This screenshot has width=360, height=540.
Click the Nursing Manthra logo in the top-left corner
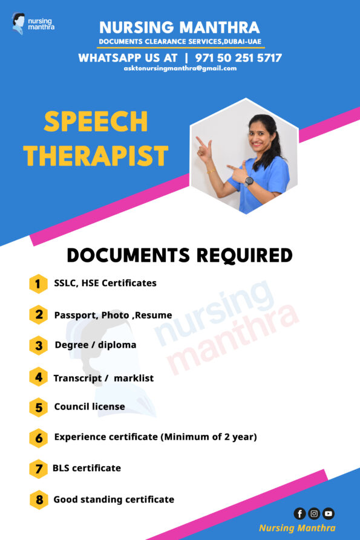click(x=33, y=24)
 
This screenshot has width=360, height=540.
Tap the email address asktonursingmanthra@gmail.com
click(x=180, y=68)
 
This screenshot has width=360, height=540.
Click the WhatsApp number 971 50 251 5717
click(x=238, y=58)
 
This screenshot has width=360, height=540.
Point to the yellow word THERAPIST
click(x=96, y=155)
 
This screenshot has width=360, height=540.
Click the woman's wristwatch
click(x=249, y=180)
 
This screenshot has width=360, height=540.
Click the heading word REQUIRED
click(x=244, y=255)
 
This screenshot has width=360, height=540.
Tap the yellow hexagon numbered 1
click(x=38, y=284)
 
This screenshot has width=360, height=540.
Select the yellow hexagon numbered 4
click(x=38, y=377)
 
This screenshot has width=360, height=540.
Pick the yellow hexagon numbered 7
click(x=38, y=469)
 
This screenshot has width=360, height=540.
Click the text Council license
click(x=90, y=407)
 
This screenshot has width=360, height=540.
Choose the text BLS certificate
click(x=87, y=468)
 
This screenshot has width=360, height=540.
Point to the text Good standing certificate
click(x=114, y=499)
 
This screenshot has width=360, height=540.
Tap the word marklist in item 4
click(x=134, y=378)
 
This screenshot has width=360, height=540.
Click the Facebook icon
click(x=299, y=513)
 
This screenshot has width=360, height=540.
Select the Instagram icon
click(x=314, y=513)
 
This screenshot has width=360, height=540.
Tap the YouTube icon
click(x=329, y=513)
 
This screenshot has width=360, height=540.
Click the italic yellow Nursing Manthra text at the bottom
click(x=297, y=529)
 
